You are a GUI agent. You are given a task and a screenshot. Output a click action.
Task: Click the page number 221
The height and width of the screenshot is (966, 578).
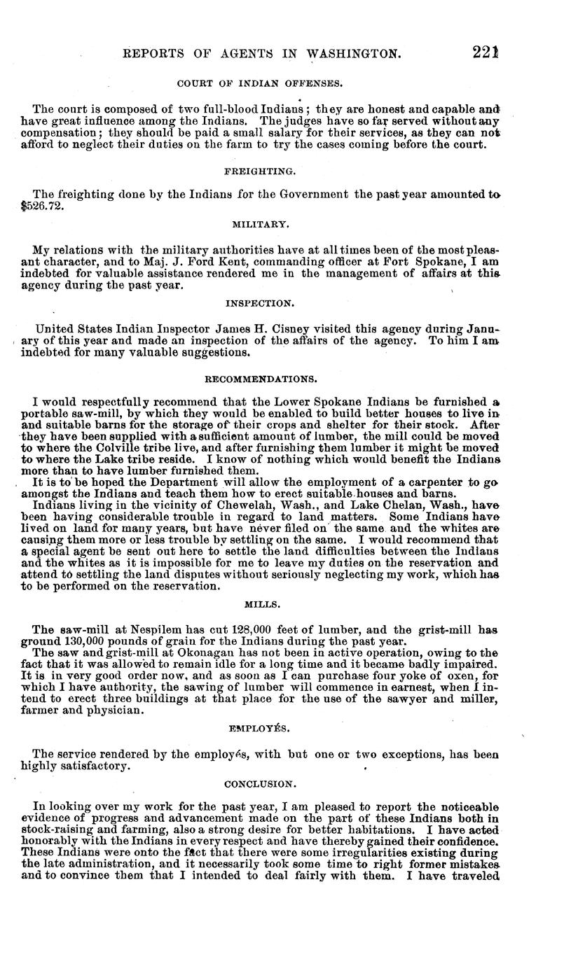[484, 52]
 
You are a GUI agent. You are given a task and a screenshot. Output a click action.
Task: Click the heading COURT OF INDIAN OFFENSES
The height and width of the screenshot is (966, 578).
[260, 83]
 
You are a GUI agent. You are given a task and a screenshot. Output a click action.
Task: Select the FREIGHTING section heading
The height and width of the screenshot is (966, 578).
[260, 170]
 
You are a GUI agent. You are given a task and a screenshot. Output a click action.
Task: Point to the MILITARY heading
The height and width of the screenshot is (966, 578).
[260, 224]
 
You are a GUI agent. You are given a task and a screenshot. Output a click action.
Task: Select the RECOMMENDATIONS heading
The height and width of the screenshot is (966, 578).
[260, 379]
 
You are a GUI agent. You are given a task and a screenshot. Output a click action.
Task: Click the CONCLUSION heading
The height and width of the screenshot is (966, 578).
[260, 784]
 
